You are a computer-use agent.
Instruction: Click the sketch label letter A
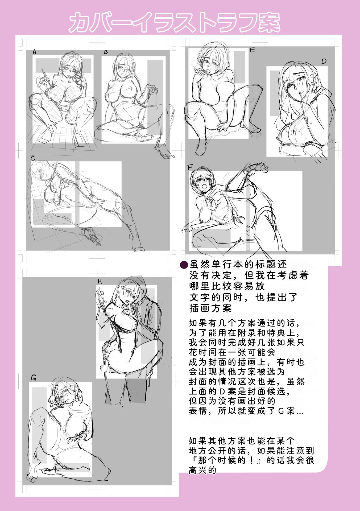click(34, 52)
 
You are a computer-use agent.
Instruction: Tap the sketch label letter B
click(106, 52)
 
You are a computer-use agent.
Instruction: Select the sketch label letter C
click(33, 158)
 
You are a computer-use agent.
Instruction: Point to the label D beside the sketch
click(324, 62)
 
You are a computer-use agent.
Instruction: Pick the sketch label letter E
click(253, 50)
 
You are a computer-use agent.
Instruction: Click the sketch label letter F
click(190, 167)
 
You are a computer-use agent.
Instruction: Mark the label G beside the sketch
click(34, 378)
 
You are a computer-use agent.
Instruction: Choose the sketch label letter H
click(100, 282)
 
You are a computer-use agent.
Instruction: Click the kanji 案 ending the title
click(269, 22)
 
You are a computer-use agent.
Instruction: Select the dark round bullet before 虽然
click(184, 265)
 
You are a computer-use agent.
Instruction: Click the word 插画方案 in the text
click(210, 308)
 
